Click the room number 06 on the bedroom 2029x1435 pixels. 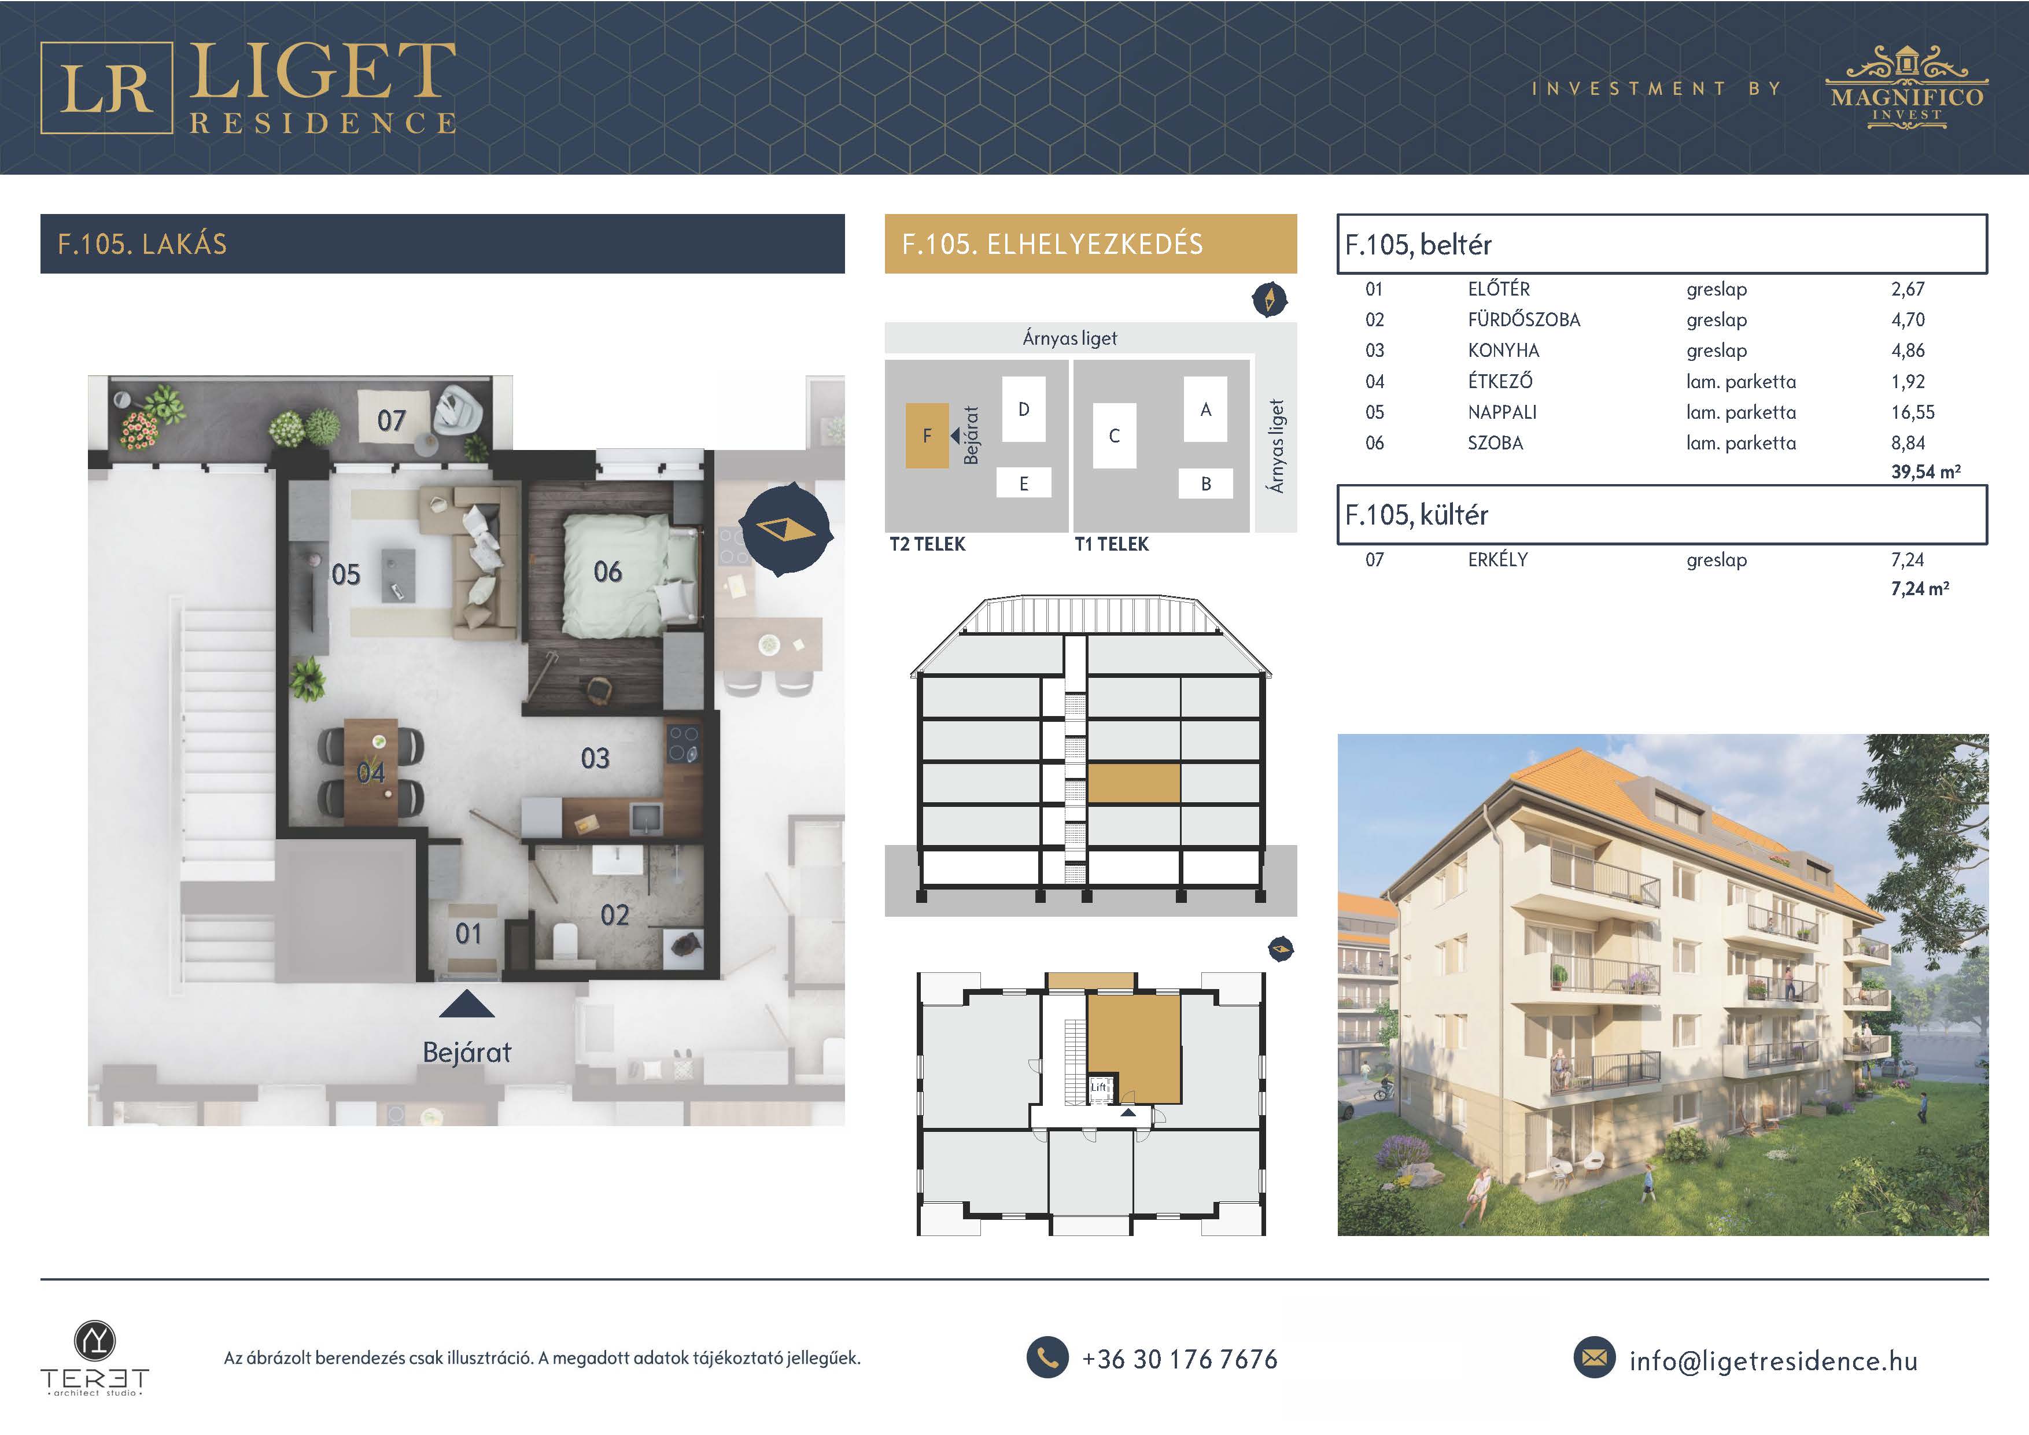point(608,571)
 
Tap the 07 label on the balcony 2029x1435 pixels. point(392,420)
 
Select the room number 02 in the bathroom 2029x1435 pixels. point(615,916)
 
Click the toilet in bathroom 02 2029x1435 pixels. point(564,940)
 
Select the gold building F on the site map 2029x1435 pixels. point(927,436)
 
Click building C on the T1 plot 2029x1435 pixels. point(1115,436)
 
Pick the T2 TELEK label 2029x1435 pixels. point(928,544)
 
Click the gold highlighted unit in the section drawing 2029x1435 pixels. point(1134,784)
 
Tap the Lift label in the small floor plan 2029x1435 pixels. point(1098,1087)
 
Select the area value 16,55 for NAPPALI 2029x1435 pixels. point(1913,412)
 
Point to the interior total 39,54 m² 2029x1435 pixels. point(1925,472)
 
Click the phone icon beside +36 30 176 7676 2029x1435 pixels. point(1048,1357)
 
